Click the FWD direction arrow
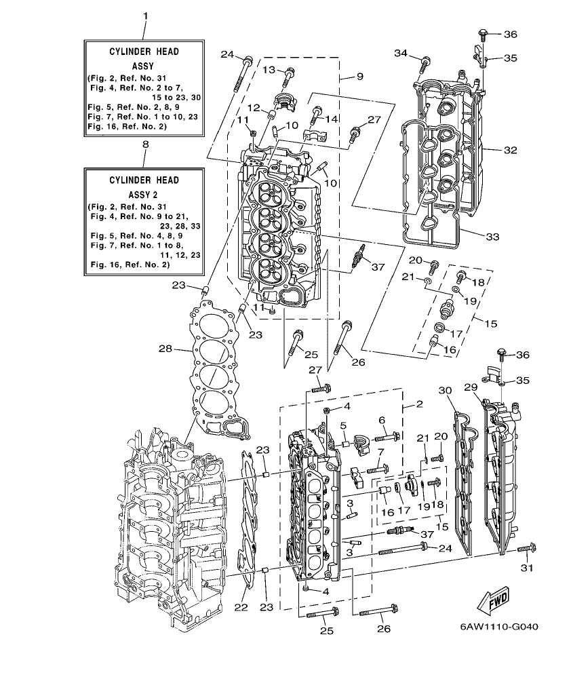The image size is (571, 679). [494, 599]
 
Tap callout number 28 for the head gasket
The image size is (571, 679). [165, 349]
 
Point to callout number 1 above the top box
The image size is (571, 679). [144, 15]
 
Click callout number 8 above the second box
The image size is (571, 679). [144, 144]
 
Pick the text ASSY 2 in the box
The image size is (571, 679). [144, 193]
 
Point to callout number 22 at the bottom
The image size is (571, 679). [241, 608]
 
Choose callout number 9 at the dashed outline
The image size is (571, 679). [360, 76]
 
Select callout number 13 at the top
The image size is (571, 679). [269, 70]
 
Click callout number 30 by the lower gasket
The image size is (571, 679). [444, 390]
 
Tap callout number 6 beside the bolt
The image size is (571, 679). [382, 421]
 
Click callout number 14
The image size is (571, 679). [332, 119]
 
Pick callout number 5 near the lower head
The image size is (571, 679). [344, 425]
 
